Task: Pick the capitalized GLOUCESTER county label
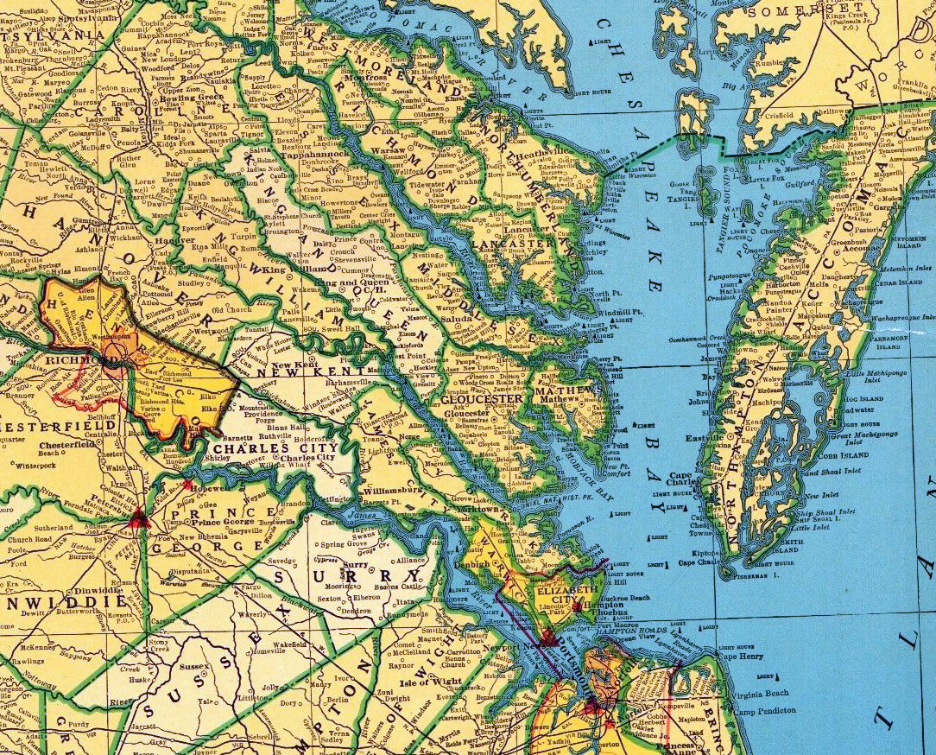tap(482, 400)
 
